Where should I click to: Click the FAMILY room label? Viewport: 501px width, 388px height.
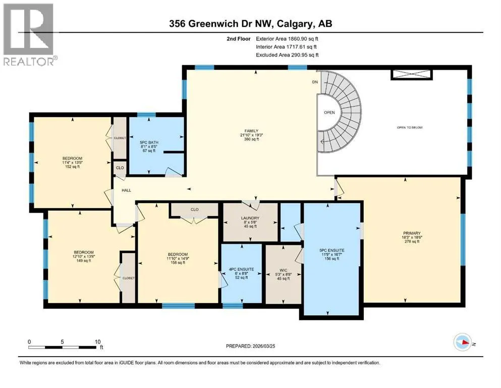click(x=251, y=131)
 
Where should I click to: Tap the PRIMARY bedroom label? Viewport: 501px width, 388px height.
click(x=412, y=233)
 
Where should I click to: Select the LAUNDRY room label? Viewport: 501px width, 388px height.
click(x=250, y=218)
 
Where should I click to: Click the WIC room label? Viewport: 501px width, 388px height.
click(x=283, y=270)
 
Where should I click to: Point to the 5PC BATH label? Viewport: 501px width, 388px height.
click(x=149, y=142)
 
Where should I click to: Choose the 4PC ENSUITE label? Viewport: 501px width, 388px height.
click(x=242, y=269)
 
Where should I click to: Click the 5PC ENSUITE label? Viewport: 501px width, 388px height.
click(x=331, y=251)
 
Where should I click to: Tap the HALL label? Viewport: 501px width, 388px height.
click(x=126, y=190)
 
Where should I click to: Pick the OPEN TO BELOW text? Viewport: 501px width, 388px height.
click(x=410, y=127)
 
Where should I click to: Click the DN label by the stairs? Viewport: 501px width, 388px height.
click(x=315, y=82)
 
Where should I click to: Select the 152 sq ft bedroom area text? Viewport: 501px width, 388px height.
click(x=72, y=167)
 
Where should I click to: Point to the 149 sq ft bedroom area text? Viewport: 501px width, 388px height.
click(x=83, y=260)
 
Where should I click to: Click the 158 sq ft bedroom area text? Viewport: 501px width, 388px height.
click(x=178, y=263)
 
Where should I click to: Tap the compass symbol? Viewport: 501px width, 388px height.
click(x=463, y=342)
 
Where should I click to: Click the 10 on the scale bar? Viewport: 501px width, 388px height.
click(x=97, y=342)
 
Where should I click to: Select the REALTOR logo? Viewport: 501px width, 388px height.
click(x=30, y=34)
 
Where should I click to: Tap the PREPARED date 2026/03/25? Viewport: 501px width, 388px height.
click(x=263, y=346)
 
